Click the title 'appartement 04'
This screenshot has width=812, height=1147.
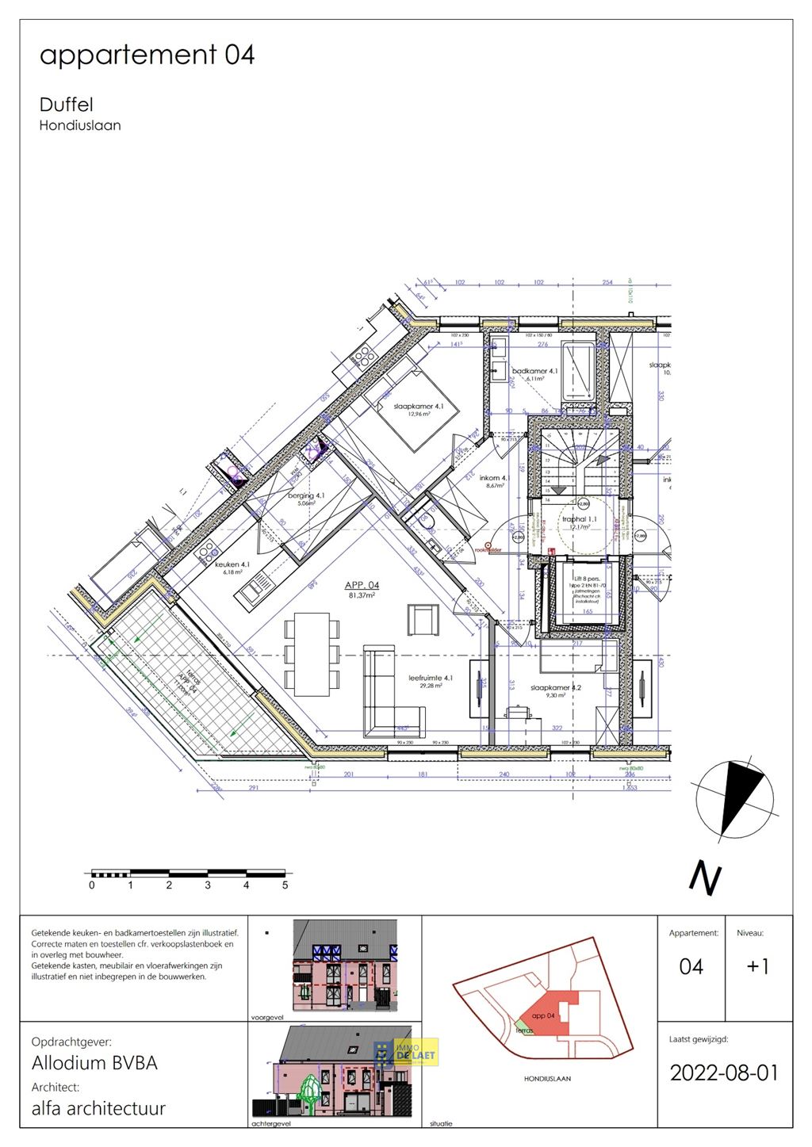tap(147, 55)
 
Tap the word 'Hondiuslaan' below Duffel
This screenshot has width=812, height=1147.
tap(80, 125)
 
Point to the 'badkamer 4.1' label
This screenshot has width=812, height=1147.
tap(534, 371)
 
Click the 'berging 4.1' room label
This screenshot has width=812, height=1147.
tap(306, 495)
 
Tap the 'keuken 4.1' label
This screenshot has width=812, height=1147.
tap(232, 564)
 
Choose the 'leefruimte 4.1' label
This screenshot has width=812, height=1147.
tap(431, 678)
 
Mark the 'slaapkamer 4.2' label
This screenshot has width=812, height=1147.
tap(555, 687)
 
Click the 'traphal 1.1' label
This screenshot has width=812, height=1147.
tap(579, 519)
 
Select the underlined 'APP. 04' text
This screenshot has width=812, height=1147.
tap(362, 585)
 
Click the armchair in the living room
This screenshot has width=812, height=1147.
tap(423, 619)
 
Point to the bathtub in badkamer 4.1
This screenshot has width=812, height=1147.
tap(578, 372)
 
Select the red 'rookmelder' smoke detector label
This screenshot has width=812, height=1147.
tap(488, 550)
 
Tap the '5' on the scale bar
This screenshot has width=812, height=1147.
tap(285, 885)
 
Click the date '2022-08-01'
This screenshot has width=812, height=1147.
tap(724, 1072)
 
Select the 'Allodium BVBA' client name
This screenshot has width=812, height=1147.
tap(94, 1063)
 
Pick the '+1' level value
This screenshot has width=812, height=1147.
tap(758, 966)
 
